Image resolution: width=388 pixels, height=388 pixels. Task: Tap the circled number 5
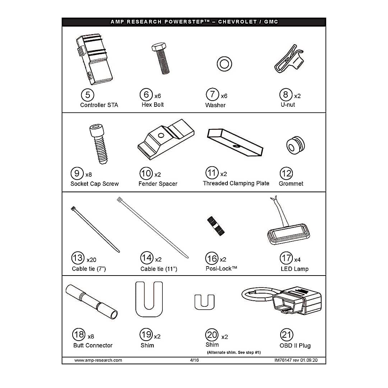(88, 95)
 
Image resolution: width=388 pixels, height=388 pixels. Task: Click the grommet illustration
(295, 145)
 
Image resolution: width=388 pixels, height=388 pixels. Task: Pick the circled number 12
(286, 174)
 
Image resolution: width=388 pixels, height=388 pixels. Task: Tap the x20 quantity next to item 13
(91, 260)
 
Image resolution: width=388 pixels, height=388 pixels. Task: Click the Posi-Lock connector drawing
(216, 226)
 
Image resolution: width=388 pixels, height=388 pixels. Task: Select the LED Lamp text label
(295, 269)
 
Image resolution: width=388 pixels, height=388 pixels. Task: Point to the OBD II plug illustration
(282, 301)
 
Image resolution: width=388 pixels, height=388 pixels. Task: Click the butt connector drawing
(92, 302)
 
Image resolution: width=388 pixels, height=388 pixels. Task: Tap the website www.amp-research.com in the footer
(98, 360)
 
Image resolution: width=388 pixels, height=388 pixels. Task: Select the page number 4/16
(194, 360)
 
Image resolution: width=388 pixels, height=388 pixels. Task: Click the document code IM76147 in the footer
(283, 360)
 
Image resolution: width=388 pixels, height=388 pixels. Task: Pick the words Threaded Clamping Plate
(236, 183)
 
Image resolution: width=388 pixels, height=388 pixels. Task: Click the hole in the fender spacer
(161, 135)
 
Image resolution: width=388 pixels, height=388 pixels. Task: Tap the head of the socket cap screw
(96, 130)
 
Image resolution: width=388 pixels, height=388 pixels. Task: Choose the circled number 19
(146, 334)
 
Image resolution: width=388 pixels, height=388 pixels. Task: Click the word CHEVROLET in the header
(237, 22)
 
